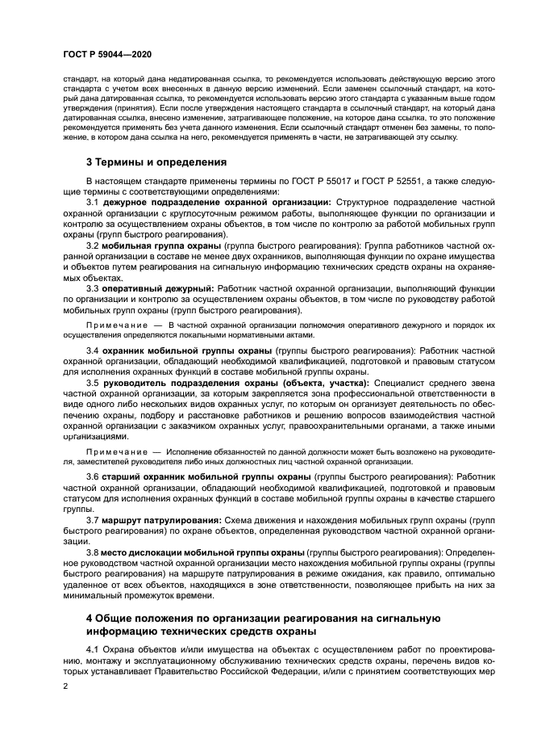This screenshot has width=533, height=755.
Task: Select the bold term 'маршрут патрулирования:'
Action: (x=162, y=521)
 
